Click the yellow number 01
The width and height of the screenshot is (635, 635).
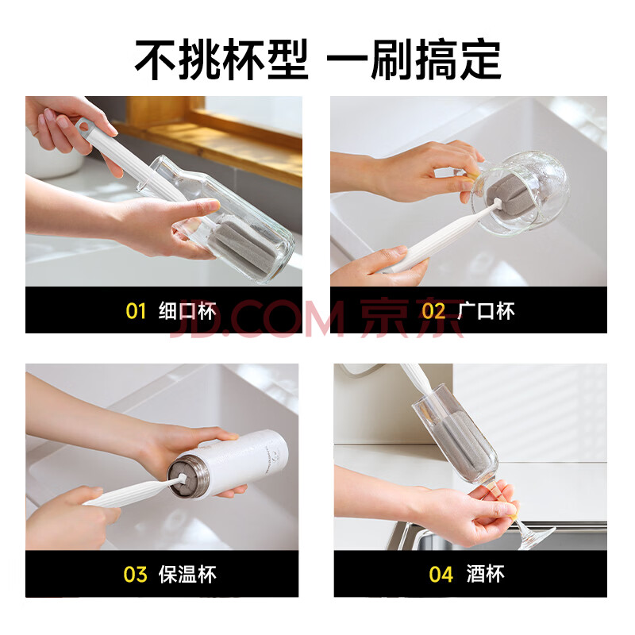click(x=136, y=311)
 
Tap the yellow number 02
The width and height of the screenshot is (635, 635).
click(x=433, y=311)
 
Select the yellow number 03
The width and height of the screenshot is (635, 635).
click(x=135, y=574)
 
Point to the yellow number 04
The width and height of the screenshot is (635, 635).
click(x=441, y=574)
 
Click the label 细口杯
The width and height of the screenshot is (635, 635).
click(x=187, y=311)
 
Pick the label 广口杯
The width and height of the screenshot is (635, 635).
click(x=486, y=311)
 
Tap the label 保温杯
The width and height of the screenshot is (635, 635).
click(x=187, y=574)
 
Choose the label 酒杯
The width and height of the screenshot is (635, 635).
click(x=486, y=574)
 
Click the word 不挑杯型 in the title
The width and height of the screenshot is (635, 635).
click(x=221, y=60)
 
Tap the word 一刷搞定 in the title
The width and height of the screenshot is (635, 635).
click(x=414, y=60)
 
